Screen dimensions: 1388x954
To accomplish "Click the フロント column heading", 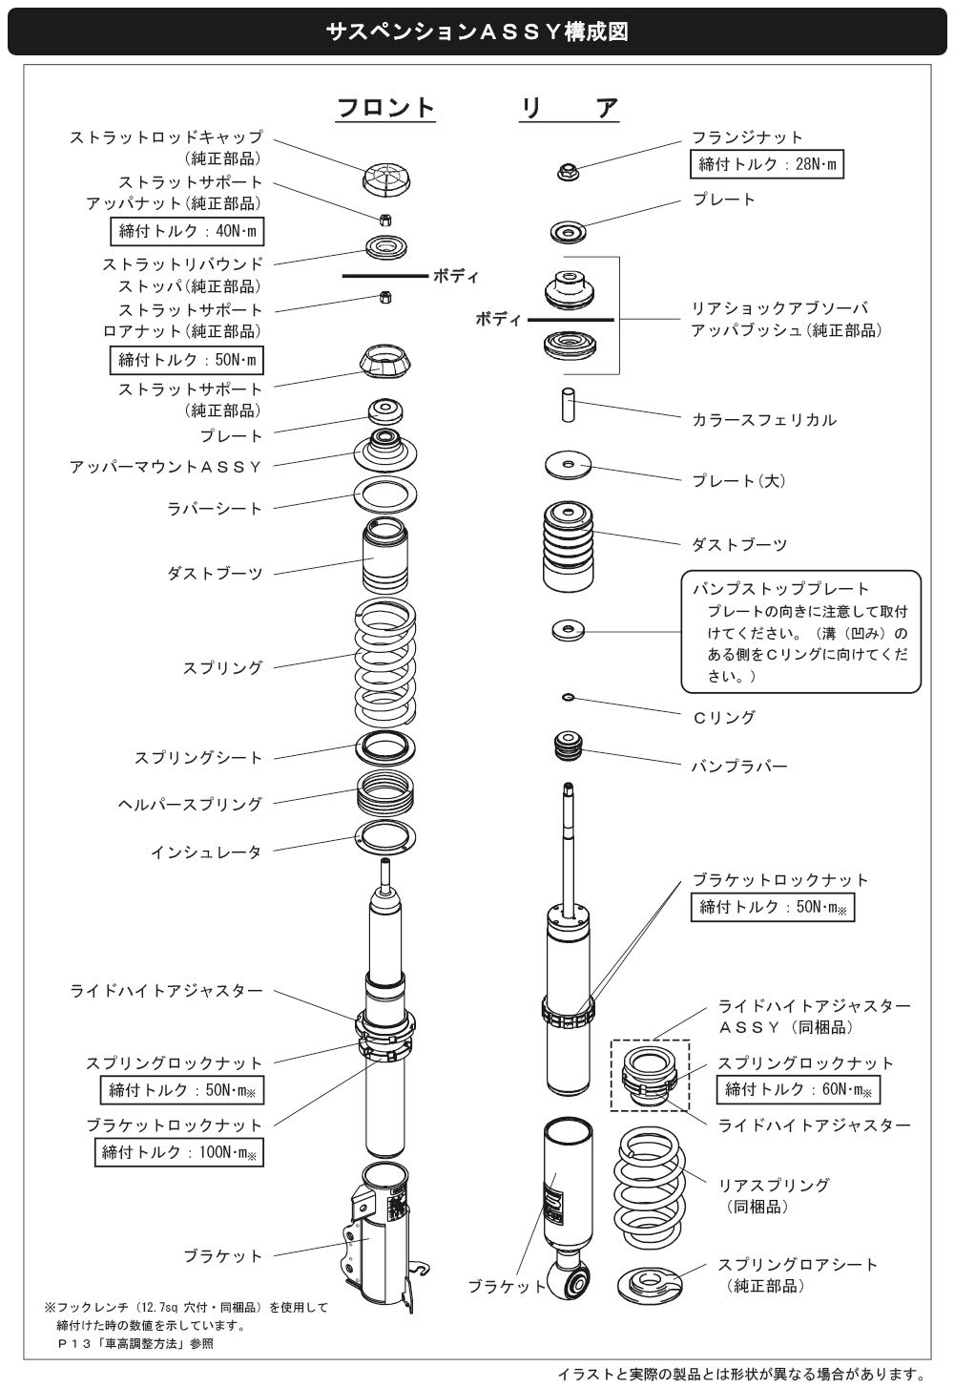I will tap(385, 107).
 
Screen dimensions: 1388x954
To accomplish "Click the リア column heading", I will tap(569, 107).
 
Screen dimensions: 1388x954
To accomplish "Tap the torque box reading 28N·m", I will tap(767, 164).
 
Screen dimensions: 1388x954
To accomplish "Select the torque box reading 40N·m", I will tap(185, 231).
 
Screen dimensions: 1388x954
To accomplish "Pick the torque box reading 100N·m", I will tap(178, 1152).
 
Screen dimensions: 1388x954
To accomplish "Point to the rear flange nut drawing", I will tap(568, 172).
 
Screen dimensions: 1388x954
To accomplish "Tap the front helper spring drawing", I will tap(385, 792).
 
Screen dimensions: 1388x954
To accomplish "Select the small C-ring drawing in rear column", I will tap(568, 698).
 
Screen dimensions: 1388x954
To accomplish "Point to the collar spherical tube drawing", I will tap(568, 403).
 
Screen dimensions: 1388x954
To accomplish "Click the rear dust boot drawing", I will tap(568, 547).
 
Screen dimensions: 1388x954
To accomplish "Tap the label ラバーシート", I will tap(215, 509).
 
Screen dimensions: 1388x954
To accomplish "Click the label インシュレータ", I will tap(206, 852).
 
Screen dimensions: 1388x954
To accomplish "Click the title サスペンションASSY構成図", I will tap(477, 32).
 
